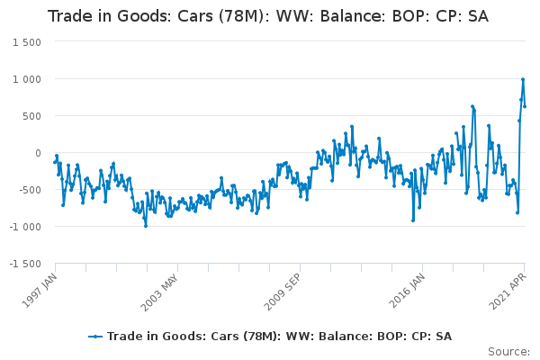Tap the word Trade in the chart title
click(x=70, y=16)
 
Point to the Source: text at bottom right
click(x=508, y=350)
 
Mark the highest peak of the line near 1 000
click(x=522, y=79)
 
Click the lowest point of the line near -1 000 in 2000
click(x=145, y=225)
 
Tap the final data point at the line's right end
click(x=525, y=106)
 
